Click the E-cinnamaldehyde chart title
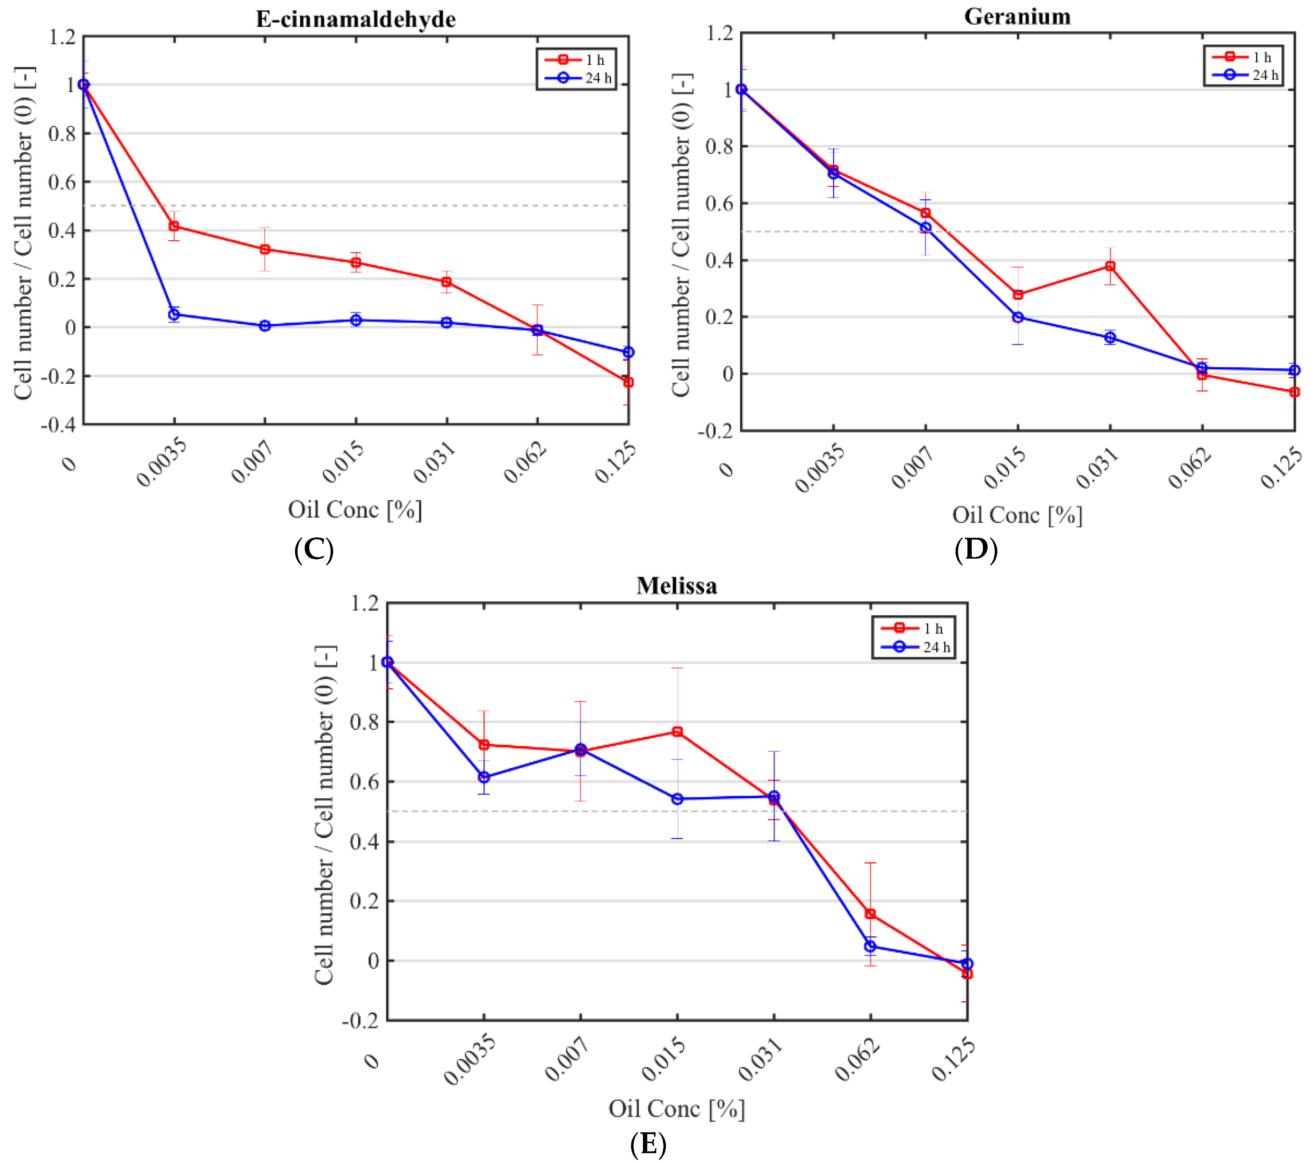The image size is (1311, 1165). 356,19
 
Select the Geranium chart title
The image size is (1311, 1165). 1017,17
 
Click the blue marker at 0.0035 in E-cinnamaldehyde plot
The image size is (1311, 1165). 174,314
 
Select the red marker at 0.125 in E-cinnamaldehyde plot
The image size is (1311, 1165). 628,382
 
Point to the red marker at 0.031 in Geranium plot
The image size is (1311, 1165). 1110,266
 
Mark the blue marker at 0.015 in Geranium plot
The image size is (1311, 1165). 1018,317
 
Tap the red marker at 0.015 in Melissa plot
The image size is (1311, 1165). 677,731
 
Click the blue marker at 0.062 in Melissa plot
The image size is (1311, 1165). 870,946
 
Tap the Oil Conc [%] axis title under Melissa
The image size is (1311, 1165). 677,1109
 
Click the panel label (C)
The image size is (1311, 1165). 314,550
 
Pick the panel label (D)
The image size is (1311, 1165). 976,550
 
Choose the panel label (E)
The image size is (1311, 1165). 648,1145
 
